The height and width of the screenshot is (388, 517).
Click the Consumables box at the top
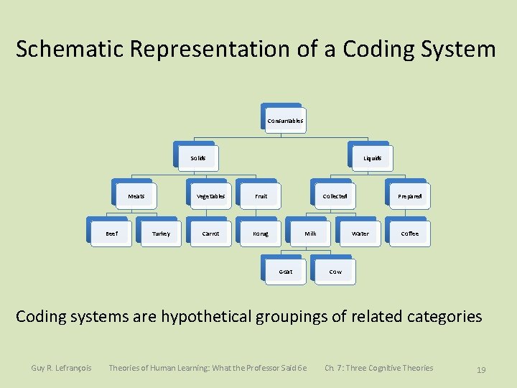tap(284, 121)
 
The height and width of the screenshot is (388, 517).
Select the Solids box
tap(197, 158)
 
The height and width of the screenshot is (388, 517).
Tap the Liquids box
tap(372, 158)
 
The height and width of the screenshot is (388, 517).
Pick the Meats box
tap(136, 195)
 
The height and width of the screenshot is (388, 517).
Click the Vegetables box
tap(210, 195)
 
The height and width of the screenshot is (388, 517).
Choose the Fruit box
tap(261, 195)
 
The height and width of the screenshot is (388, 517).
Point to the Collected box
tap(335, 195)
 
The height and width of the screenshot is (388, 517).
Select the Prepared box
tap(409, 195)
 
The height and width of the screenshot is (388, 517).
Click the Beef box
tap(111, 234)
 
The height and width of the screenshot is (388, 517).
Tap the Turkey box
tap(161, 234)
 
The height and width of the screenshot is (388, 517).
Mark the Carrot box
tap(210, 234)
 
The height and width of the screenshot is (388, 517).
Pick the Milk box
tap(310, 234)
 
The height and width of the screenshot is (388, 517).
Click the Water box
tap(360, 234)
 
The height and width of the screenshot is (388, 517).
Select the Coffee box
tap(409, 234)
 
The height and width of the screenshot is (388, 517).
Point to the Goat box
tap(285, 272)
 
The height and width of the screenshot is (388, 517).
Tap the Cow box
tap(335, 272)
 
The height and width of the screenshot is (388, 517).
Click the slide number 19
tap(481, 370)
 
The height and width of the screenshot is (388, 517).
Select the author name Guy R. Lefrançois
tap(61, 369)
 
